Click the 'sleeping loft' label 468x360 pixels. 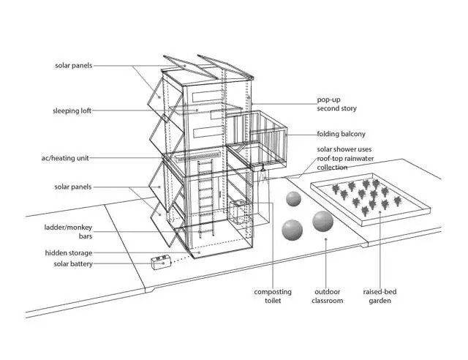71,111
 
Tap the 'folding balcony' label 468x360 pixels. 341,135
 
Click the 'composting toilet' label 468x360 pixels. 272,296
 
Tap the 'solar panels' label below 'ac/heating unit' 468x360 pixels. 73,187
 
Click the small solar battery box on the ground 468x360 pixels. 161,261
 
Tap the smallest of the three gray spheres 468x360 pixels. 293,200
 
